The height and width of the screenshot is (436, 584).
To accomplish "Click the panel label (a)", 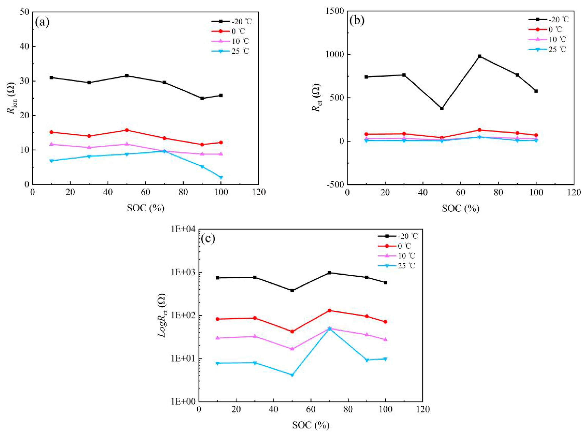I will pos(42,23).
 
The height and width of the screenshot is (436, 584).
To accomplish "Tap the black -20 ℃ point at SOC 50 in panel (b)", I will pos(442,108).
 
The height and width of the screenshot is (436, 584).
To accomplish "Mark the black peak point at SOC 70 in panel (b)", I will pos(479,56).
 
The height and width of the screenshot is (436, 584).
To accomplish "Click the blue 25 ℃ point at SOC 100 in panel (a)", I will pos(221,177).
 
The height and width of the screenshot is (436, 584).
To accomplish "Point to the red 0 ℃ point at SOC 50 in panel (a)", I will pos(127,130).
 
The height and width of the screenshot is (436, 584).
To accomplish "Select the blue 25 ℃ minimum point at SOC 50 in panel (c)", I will pos(292,375).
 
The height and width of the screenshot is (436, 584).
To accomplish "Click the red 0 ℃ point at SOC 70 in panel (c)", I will pos(329,310).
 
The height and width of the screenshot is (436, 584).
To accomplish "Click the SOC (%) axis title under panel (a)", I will pos(145,208).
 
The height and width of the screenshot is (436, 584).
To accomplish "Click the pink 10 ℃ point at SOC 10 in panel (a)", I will pos(51,144).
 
